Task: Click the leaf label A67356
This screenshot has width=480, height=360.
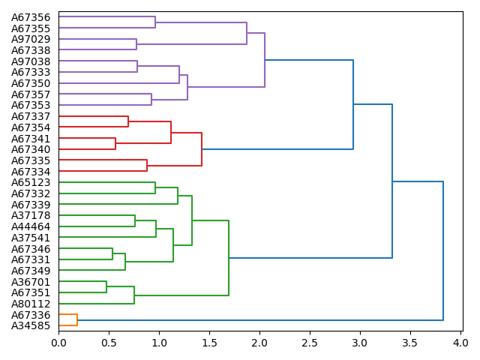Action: (x=31, y=17)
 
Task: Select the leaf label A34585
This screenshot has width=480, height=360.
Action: (x=31, y=325)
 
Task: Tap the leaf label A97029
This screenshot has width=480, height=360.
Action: (x=31, y=39)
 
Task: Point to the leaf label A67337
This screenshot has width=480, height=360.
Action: (x=31, y=116)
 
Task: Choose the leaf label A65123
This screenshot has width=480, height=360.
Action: (x=31, y=182)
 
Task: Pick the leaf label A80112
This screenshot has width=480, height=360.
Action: (x=31, y=304)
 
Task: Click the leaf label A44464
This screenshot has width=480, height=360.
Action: (x=31, y=226)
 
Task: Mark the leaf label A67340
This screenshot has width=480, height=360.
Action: (x=31, y=149)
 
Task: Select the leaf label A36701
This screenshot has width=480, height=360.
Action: (x=31, y=282)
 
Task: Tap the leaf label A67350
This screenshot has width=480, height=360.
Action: (x=31, y=83)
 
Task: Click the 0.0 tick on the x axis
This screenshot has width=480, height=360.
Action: (x=58, y=343)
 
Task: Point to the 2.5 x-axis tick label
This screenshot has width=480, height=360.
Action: (x=310, y=343)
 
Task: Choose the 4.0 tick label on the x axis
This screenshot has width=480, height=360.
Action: (x=460, y=343)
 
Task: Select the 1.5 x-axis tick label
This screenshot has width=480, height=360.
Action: (x=209, y=343)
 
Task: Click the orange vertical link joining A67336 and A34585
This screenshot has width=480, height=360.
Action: (x=77, y=320)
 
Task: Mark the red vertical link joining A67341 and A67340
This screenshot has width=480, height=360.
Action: (x=115, y=144)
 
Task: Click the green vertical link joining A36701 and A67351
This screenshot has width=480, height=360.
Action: (x=106, y=287)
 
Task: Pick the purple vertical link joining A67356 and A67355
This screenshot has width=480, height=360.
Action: (x=155, y=22)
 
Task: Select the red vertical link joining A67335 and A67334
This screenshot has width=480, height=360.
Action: (x=147, y=166)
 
